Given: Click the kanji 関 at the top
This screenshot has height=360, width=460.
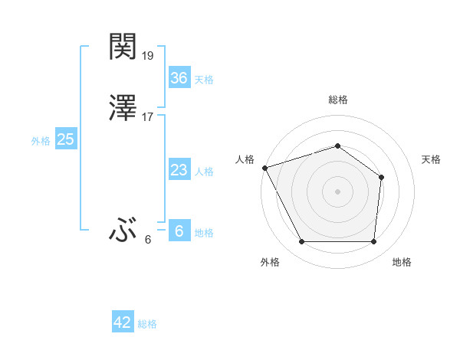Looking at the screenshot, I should pyautogui.click(x=123, y=47).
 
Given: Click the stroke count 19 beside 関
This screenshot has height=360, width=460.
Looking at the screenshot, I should pyautogui.click(x=149, y=56).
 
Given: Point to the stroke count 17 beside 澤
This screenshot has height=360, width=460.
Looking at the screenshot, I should pyautogui.click(x=149, y=117).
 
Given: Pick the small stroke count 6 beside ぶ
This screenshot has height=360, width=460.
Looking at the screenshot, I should pyautogui.click(x=148, y=239).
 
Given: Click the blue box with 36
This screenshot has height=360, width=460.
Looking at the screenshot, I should pyautogui.click(x=179, y=78).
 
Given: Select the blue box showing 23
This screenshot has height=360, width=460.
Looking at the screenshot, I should pyautogui.click(x=179, y=170).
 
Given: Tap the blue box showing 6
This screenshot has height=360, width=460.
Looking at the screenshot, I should pyautogui.click(x=179, y=231).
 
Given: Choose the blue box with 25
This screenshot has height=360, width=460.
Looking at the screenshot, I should pyautogui.click(x=65, y=139).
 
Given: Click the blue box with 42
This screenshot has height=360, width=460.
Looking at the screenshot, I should pyautogui.click(x=123, y=322).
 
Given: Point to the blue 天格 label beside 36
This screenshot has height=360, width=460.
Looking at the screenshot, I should pyautogui.click(x=204, y=80).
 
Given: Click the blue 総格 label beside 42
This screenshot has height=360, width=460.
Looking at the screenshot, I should pyautogui.click(x=147, y=324).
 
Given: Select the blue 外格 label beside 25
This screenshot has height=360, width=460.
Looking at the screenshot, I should pyautogui.click(x=41, y=141).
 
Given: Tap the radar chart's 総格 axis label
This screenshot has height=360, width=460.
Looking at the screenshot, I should pyautogui.click(x=338, y=100).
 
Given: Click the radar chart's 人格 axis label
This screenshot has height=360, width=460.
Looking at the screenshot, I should pyautogui.click(x=245, y=159).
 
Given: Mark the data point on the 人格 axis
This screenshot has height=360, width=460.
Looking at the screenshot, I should pyautogui.click(x=264, y=168).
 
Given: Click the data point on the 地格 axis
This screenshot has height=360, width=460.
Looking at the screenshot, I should pyautogui.click(x=374, y=242).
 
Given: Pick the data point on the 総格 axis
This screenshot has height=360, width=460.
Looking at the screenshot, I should pyautogui.click(x=338, y=146).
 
